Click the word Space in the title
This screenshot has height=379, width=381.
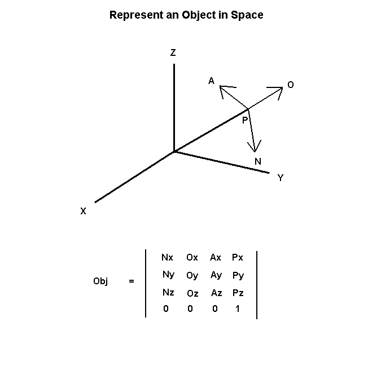click(247, 15)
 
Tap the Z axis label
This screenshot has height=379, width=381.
click(173, 52)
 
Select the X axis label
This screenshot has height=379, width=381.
click(83, 211)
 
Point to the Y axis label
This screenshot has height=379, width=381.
click(281, 178)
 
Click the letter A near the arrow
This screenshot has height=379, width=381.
click(212, 81)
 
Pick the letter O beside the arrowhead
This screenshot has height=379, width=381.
click(291, 85)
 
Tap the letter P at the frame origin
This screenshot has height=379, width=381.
click(245, 120)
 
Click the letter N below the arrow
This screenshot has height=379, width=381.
click(258, 161)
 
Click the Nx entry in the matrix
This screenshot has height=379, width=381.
click(167, 257)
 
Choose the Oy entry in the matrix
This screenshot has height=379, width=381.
click(192, 276)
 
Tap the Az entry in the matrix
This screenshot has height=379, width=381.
click(217, 293)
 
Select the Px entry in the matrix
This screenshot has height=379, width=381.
click(238, 257)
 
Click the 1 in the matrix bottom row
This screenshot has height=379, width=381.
click(238, 309)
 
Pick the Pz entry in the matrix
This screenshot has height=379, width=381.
click(238, 293)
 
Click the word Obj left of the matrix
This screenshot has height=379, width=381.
click(100, 281)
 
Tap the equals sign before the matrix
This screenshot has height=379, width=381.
click(132, 281)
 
